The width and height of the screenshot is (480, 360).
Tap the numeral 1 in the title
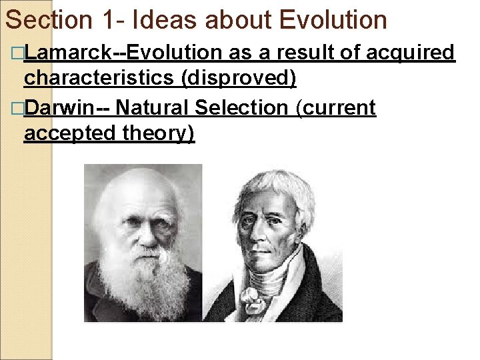[109, 20]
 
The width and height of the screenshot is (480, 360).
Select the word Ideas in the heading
[165, 20]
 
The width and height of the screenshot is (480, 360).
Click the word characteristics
[100, 79]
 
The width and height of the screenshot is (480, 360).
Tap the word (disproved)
[239, 79]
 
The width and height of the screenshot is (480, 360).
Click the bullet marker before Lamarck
[17, 53]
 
